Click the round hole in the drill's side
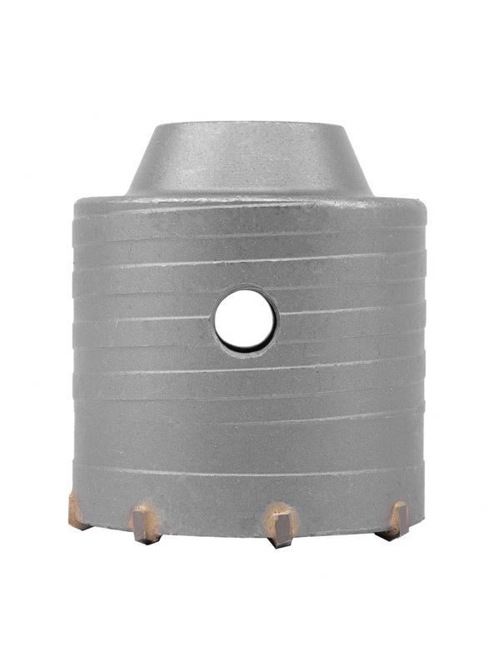click(x=245, y=319)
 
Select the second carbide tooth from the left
click(x=144, y=523)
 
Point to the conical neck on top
click(x=249, y=162)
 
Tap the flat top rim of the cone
click(x=249, y=127)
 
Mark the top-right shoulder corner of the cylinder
click(x=424, y=201)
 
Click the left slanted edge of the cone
click(x=139, y=162)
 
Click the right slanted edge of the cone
click(x=360, y=162)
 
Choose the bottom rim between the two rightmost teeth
click(x=342, y=531)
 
